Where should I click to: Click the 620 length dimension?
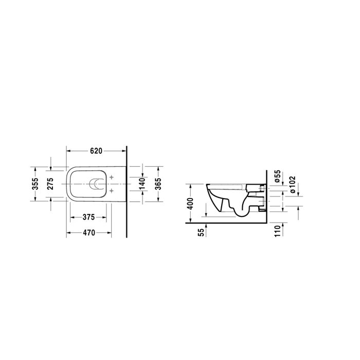96,151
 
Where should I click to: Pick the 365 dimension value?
158,184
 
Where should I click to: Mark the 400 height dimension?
190,204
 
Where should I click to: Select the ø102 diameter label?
292,184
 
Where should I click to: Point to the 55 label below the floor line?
201,232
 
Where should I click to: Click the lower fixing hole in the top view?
112,191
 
